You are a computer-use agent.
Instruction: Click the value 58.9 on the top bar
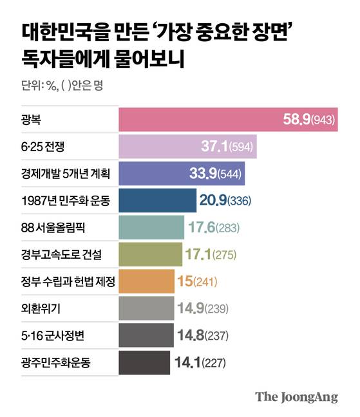pyautogui.click(x=297, y=120)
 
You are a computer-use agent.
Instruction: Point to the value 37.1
pyautogui.click(x=231, y=147)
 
